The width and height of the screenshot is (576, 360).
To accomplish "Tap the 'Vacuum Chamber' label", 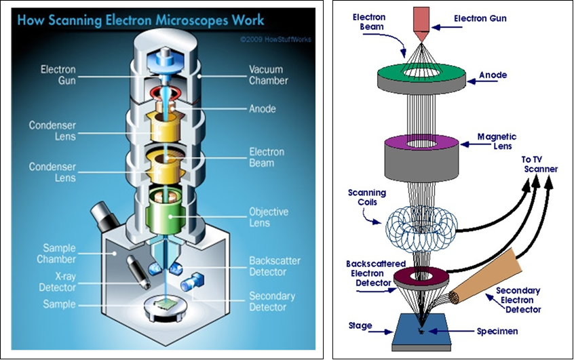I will click(x=268, y=74).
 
